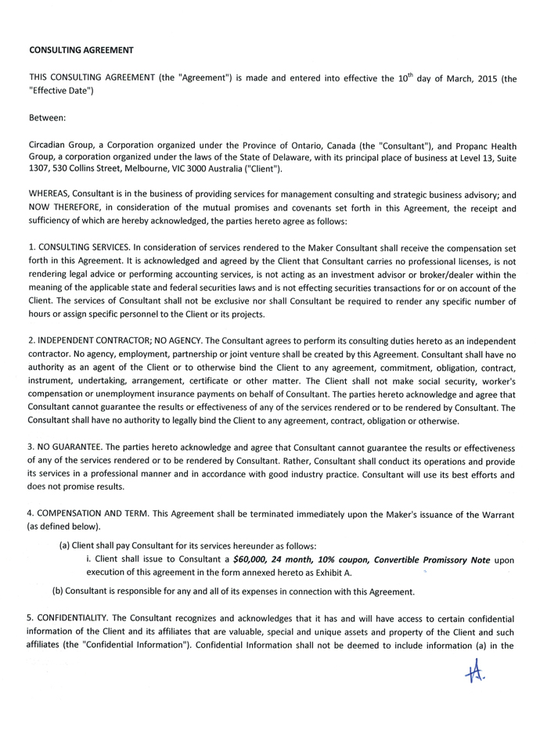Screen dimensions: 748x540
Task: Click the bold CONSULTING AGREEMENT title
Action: tap(81, 50)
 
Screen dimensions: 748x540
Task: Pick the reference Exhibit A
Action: tap(331, 574)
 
